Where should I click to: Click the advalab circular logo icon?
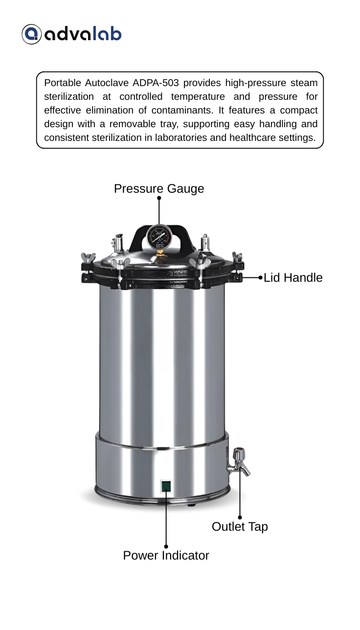(x=31, y=34)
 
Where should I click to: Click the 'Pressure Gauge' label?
(x=159, y=189)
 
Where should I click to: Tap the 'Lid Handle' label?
(x=293, y=278)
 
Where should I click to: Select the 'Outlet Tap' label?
(x=240, y=527)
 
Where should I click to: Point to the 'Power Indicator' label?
(x=166, y=556)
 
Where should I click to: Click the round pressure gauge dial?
(x=158, y=236)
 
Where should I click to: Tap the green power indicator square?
(x=166, y=486)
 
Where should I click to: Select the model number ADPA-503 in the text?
(x=156, y=83)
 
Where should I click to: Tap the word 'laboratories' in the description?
(x=181, y=137)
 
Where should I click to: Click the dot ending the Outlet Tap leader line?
(x=240, y=517)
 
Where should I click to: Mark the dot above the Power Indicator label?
(x=166, y=546)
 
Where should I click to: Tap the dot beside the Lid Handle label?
(x=260, y=278)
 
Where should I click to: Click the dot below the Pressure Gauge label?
(x=159, y=198)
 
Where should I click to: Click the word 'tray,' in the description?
(x=169, y=124)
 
